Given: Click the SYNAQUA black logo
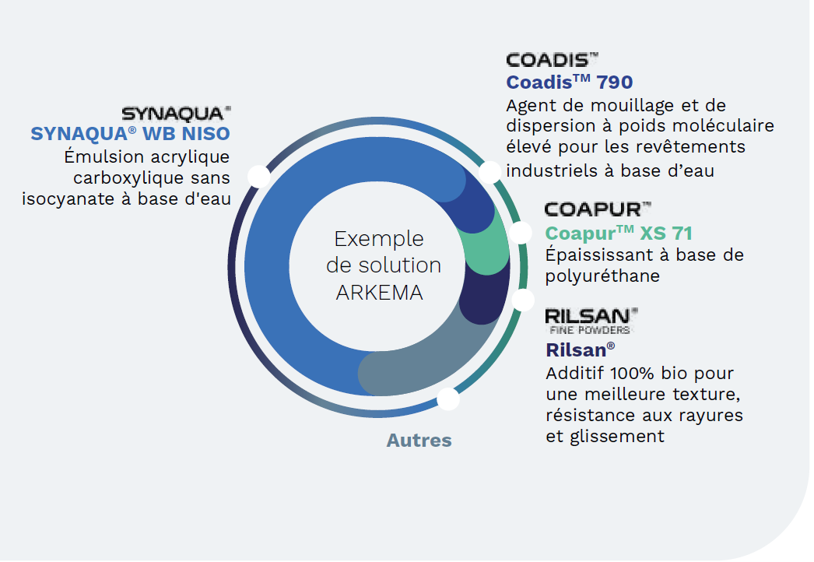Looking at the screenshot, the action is (x=177, y=113).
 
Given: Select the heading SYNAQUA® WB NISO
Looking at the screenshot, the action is (x=130, y=134).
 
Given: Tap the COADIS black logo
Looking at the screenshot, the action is (x=553, y=60).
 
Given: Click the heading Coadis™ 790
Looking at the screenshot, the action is (x=570, y=82).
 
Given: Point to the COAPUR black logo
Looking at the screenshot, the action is (x=598, y=209).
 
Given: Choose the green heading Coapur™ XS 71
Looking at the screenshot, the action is (x=619, y=234).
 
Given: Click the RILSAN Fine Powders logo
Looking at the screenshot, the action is (x=591, y=321).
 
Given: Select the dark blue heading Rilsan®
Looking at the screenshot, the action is (x=581, y=350).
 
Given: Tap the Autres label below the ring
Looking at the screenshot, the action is (x=419, y=441).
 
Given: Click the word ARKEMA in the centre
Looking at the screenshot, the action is (x=380, y=293).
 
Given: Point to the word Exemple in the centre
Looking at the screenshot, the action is (x=379, y=239).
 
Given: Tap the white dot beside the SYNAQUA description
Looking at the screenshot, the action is (x=258, y=176).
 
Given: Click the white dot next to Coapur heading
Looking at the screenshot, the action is (x=521, y=232).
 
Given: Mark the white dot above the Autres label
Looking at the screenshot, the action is (x=448, y=399).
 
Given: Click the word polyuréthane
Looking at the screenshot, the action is (x=602, y=276).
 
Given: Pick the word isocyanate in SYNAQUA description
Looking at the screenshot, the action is (x=68, y=199).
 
